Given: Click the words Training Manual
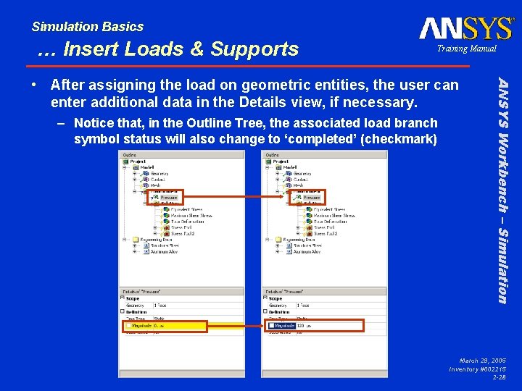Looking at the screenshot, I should pos(466,49).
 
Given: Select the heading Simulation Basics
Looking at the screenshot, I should pos(88,27).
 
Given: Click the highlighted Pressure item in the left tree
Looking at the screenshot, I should pos(165,197).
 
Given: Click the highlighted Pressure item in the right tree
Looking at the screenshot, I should pos(307,197).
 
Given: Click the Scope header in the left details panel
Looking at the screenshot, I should pos(133,298).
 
